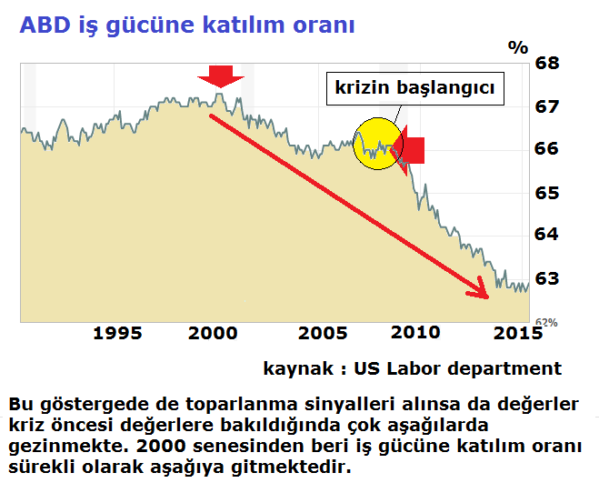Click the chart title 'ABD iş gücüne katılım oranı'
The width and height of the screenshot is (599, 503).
coord(187,26)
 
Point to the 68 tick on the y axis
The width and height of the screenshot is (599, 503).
coord(547,63)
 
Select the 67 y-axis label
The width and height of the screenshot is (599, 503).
coord(546,106)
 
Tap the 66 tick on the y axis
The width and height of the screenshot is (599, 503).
coord(546,148)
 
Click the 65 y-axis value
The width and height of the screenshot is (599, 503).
coord(547,193)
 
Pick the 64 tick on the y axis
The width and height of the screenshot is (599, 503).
coord(546,234)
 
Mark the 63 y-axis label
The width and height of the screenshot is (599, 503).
coord(547,278)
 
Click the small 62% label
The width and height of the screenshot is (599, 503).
coord(546,323)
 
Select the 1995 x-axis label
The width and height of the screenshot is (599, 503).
coord(117,333)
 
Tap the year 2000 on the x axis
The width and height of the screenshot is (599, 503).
coord(213,333)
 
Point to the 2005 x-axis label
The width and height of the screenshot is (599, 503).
coord(323,333)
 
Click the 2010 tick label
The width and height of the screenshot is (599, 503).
coord(415,333)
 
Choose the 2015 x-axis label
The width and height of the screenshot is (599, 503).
coord(518,333)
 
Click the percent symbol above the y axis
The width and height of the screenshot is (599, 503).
coord(518,47)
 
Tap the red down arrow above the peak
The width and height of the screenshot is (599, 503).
coord(221,76)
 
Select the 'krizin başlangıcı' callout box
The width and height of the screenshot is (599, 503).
coord(415,88)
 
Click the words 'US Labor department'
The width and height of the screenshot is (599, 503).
coord(457,368)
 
